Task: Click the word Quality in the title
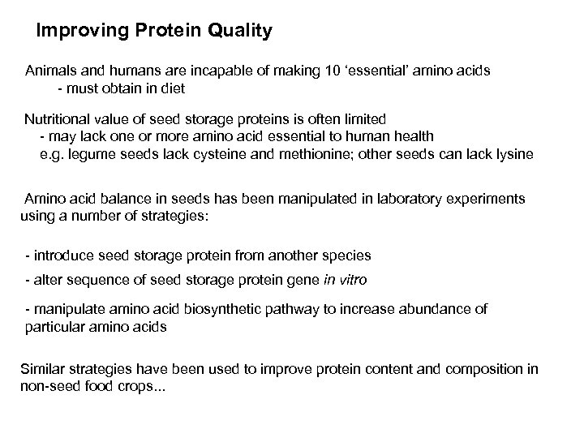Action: pyautogui.click(x=235, y=32)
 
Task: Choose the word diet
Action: pyautogui.click(x=182, y=87)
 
